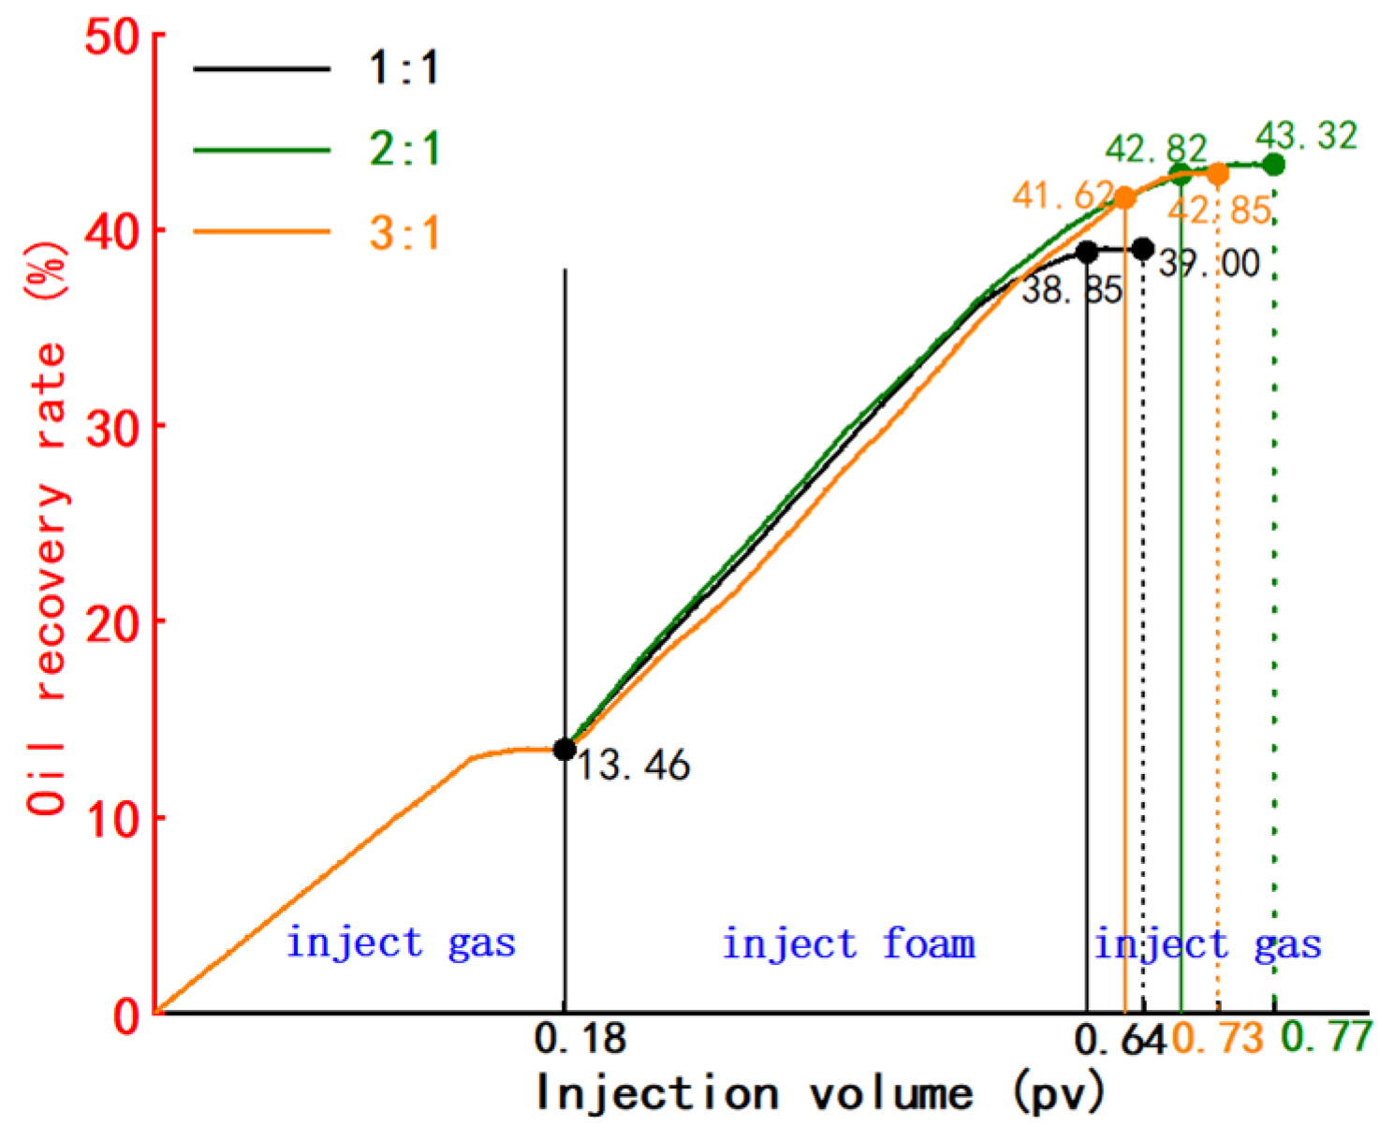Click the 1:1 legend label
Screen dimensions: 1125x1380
tap(404, 67)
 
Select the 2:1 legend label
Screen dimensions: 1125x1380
tap(404, 149)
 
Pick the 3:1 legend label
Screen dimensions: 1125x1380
tap(404, 232)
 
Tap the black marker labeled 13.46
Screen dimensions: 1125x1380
tap(565, 749)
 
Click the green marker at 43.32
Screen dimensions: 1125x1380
tap(1273, 165)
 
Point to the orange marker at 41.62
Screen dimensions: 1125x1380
tap(1124, 197)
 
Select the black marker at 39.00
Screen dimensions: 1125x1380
tap(1142, 249)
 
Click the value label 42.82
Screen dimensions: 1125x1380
tap(1155, 149)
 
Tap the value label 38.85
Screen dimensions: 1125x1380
tap(1071, 290)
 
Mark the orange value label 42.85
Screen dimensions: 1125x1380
tap(1218, 210)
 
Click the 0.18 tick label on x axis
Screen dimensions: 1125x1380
tap(580, 1038)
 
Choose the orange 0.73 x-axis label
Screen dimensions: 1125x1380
tap(1217, 1038)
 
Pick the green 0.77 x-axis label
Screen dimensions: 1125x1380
tap(1326, 1036)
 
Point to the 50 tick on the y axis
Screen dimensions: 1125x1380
tap(111, 38)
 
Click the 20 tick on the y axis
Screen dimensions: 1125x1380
tap(111, 621)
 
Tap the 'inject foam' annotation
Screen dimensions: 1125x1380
tap(848, 943)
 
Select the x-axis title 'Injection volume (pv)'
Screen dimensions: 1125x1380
tap(820, 1092)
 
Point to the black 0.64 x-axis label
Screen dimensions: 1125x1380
tap(1120, 1039)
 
